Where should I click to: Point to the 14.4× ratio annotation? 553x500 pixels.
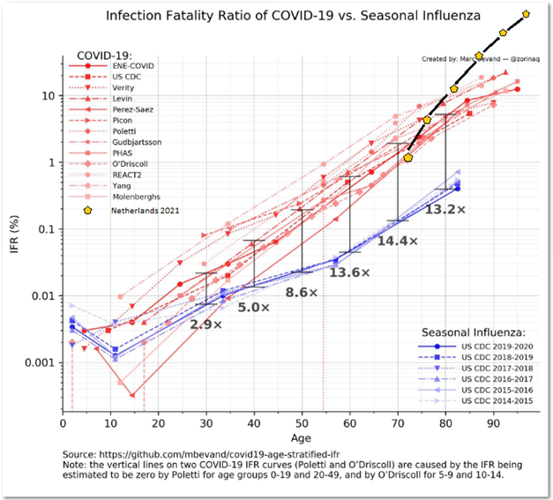point(398,240)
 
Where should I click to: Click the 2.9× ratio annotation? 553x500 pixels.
point(206,325)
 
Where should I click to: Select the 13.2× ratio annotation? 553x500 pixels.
point(445,209)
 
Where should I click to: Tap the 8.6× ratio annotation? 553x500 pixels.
point(302,292)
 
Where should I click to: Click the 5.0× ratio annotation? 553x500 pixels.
point(254,307)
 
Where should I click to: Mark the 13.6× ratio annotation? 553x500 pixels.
point(350,272)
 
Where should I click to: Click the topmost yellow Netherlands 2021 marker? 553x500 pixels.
point(527,14)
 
